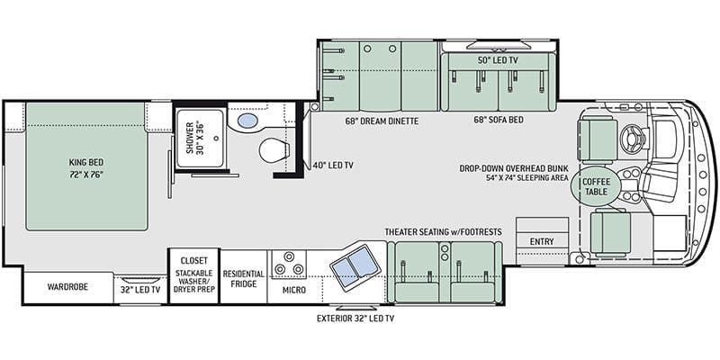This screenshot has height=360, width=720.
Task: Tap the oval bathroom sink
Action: click(x=248, y=121)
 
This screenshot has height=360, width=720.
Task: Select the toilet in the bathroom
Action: click(x=274, y=150)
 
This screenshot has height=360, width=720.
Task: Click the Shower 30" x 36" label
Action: click(x=194, y=139)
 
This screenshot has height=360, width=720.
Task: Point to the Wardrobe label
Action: click(x=67, y=287)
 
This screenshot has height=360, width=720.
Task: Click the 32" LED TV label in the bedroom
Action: click(x=140, y=290)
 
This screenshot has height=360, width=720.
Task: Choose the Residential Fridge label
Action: click(x=243, y=279)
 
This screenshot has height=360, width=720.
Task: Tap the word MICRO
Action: click(x=294, y=290)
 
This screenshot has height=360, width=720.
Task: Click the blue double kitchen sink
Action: click(x=355, y=265)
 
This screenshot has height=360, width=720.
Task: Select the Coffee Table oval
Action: click(x=596, y=186)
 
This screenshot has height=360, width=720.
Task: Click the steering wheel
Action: click(x=632, y=136)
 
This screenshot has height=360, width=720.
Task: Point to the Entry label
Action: click(x=542, y=241)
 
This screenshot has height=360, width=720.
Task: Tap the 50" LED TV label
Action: click(x=499, y=60)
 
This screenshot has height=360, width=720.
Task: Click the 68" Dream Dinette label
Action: click(x=382, y=121)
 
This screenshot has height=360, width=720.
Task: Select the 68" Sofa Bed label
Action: click(x=499, y=120)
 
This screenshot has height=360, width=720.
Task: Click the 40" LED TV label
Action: click(x=329, y=165)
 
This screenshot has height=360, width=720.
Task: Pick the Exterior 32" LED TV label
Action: click(x=355, y=319)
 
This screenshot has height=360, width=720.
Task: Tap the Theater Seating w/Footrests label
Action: click(x=443, y=232)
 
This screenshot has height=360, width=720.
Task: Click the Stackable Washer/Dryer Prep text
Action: click(x=194, y=281)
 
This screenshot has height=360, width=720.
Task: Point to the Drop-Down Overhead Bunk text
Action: click(x=514, y=168)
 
